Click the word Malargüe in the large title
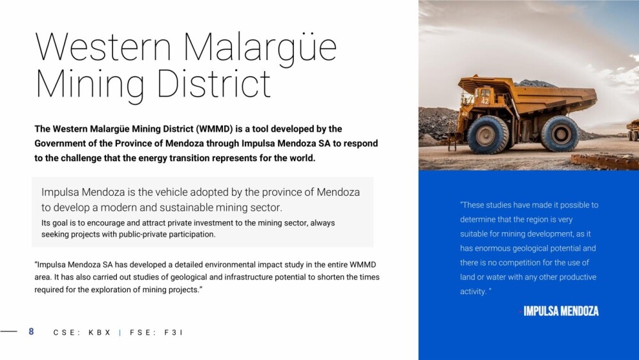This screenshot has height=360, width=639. [260, 48]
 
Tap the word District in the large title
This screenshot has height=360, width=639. [213, 83]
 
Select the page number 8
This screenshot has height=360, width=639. [31, 331]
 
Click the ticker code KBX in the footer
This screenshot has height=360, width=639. [100, 333]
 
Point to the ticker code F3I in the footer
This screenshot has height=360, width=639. [173, 333]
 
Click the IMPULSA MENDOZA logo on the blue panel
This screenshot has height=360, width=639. [561, 311]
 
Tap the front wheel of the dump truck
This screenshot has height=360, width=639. [488, 135]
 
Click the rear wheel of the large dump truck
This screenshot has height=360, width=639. [560, 134]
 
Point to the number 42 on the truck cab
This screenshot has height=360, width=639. [485, 100]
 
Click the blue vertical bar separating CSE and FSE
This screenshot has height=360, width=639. [120, 333]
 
